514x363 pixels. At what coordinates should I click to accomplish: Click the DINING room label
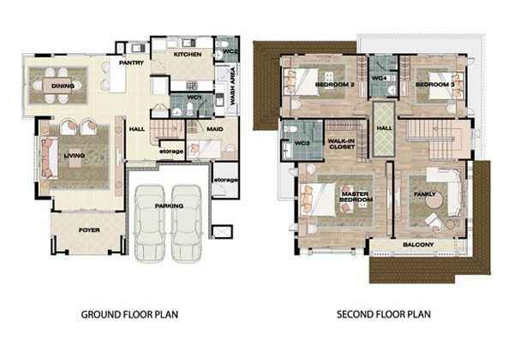click(63, 86)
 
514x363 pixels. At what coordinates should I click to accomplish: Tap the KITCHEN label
click(188, 54)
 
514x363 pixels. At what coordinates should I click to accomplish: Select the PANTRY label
click(131, 62)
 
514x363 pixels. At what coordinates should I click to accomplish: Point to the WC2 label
click(230, 51)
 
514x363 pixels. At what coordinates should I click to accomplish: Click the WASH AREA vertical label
click(233, 86)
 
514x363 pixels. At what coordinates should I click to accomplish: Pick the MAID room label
click(215, 129)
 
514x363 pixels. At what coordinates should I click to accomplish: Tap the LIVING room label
click(74, 155)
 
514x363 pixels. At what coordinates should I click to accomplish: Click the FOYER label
click(89, 230)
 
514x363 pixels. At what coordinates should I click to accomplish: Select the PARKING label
click(169, 205)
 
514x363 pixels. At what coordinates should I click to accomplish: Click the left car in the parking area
click(149, 223)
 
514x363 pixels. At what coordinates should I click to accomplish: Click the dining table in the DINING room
click(57, 86)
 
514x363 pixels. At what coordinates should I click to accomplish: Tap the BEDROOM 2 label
click(335, 84)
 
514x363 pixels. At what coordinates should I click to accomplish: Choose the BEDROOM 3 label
click(435, 84)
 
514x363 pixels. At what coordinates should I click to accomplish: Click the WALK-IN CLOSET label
click(342, 144)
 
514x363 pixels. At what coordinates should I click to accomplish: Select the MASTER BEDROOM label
click(356, 197)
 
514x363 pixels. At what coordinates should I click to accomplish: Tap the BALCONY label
click(418, 244)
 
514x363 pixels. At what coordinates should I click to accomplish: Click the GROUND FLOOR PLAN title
click(129, 314)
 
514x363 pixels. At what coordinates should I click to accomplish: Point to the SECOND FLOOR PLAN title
click(384, 314)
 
